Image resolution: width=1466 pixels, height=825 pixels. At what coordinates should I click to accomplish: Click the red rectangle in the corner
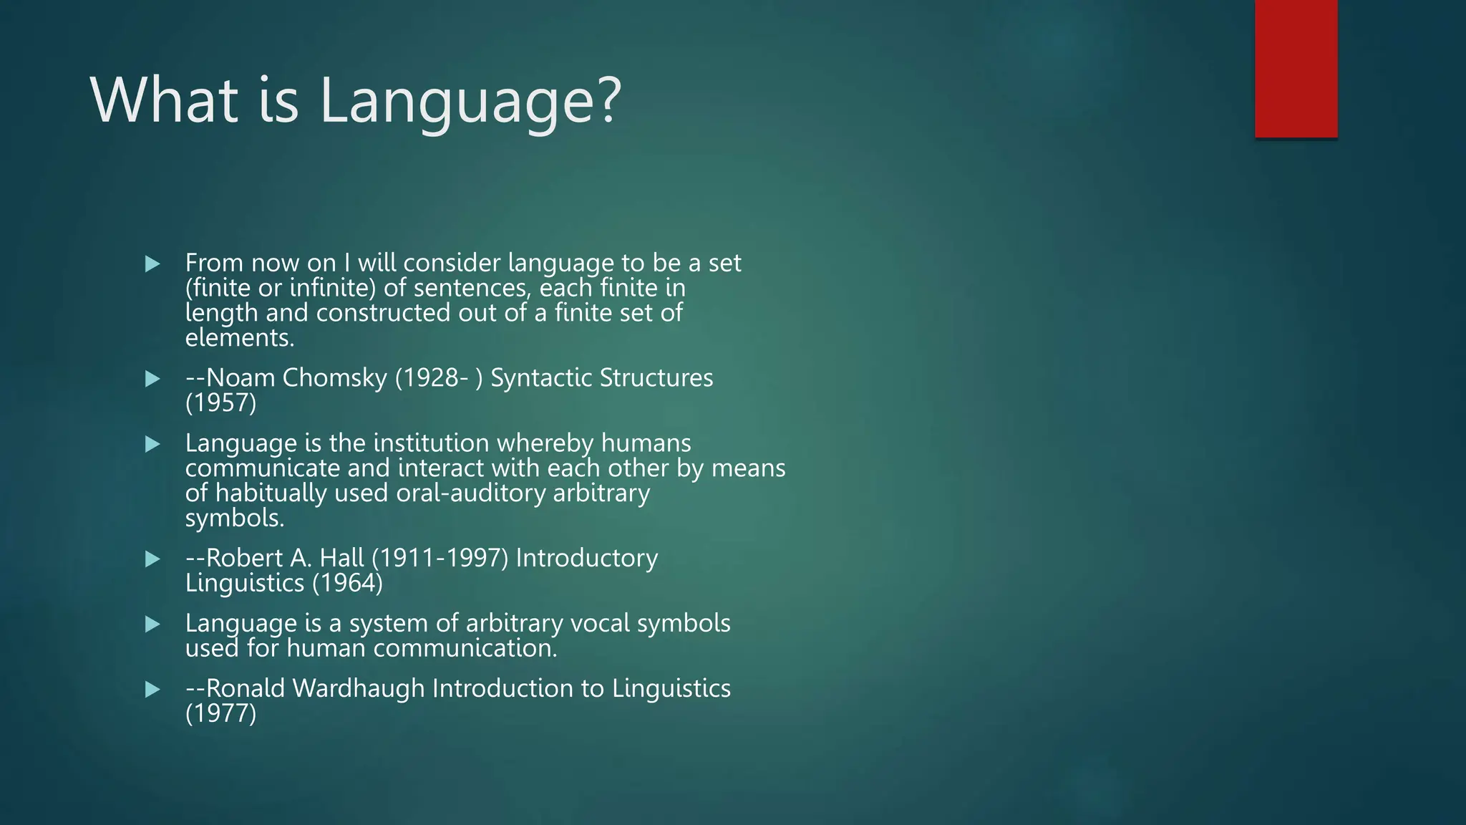coord(1296,69)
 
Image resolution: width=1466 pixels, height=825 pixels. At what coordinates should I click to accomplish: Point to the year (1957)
coord(220,402)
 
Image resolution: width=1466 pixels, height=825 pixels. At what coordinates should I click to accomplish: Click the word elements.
coord(240,338)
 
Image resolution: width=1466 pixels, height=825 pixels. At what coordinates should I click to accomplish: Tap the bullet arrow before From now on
coord(152,264)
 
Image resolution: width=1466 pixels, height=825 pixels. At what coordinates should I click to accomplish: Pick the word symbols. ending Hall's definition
coord(235,518)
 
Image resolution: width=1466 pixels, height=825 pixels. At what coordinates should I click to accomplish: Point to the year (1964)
coord(348,583)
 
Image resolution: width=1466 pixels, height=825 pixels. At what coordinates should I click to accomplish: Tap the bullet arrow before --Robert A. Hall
coord(152,559)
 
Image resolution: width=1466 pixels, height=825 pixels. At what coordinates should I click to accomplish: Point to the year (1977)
coord(220,714)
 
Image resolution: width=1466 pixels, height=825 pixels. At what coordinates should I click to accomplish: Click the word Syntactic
coord(541,378)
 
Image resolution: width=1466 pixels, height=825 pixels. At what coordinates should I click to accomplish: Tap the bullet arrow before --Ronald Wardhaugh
coord(152,690)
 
